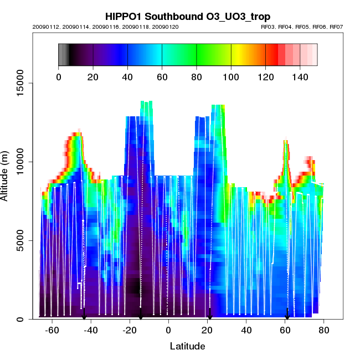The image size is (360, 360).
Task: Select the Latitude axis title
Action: (x=187, y=346)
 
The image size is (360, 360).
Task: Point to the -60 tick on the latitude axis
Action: (x=52, y=330)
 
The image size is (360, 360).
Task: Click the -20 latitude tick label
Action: (x=130, y=330)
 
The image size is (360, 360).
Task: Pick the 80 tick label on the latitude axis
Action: (x=324, y=330)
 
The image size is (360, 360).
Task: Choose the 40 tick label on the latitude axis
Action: (x=246, y=330)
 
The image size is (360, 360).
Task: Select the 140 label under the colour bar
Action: (x=300, y=77)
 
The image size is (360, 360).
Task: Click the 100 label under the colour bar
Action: (x=231, y=77)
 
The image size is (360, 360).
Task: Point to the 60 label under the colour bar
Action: (x=162, y=77)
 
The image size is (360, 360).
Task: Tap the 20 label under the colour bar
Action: (x=93, y=77)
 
